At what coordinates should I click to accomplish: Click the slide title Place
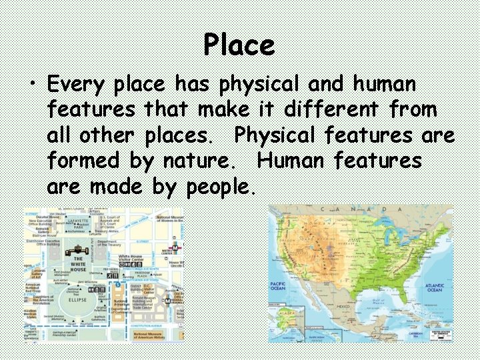239,45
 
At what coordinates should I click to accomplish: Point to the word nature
204,161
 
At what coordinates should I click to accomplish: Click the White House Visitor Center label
133,259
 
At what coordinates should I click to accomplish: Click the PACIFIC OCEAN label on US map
278,287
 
